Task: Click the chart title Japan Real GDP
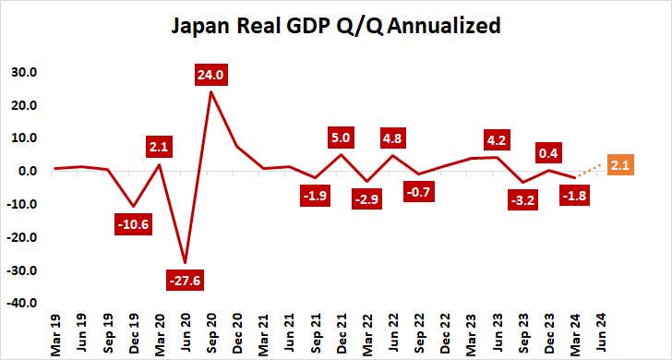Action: coord(336,26)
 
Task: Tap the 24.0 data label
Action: coord(211,75)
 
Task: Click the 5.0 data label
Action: coord(342,138)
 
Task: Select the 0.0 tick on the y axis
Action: coord(27,171)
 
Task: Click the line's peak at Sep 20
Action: coord(211,90)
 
